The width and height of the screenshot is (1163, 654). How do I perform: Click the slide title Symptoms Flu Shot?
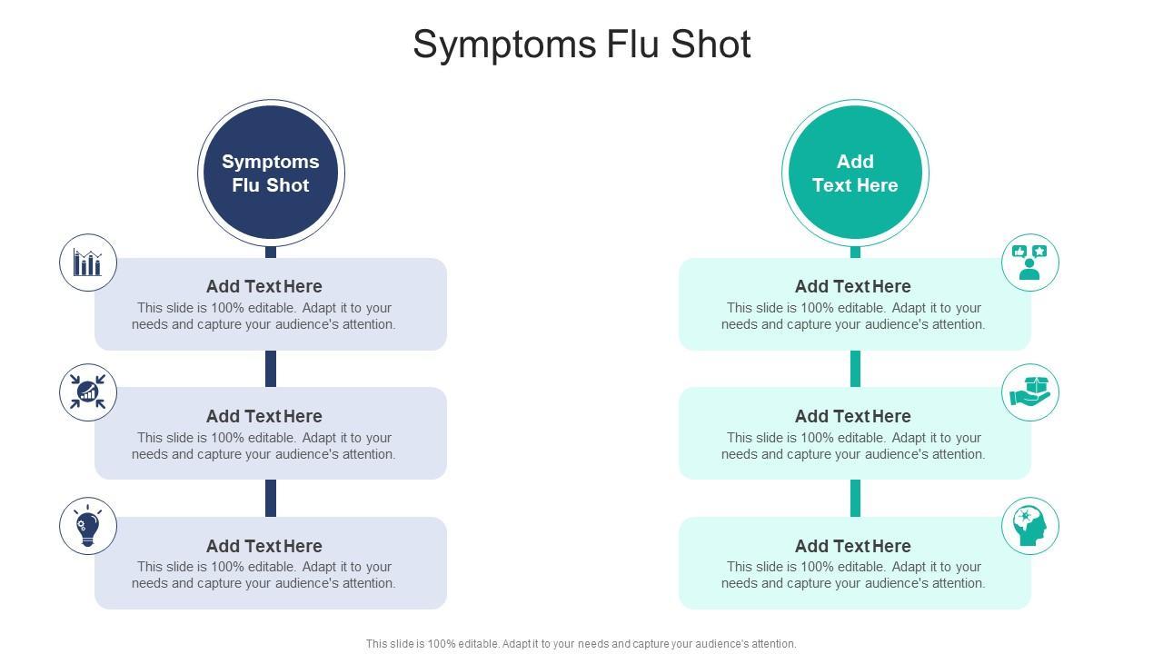click(581, 45)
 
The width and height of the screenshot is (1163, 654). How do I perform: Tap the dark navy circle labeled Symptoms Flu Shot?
click(271, 173)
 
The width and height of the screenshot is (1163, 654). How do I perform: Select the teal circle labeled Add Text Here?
click(855, 173)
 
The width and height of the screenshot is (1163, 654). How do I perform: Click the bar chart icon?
click(88, 263)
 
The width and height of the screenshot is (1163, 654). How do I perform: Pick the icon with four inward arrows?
click(88, 392)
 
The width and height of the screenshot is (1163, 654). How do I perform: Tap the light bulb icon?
click(88, 525)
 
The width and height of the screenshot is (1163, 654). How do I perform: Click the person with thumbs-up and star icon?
click(1030, 263)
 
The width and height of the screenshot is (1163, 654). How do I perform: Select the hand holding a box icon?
click(1030, 392)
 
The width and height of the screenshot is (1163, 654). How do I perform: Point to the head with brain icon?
click(1030, 525)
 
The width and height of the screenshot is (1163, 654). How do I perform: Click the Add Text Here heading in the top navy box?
click(263, 286)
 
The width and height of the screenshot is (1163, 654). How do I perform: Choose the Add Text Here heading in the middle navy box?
click(263, 416)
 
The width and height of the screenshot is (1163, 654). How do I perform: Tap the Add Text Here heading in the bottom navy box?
click(263, 546)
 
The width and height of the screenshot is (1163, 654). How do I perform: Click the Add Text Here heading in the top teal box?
click(852, 286)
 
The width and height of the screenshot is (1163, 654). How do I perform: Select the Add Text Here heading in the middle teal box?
click(852, 416)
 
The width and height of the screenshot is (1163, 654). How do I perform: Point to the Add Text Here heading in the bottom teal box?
click(852, 546)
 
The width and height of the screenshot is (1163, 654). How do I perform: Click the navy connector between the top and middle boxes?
click(271, 369)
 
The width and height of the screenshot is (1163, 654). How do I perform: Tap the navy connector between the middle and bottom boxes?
click(271, 498)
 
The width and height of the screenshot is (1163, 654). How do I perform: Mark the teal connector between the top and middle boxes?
click(855, 369)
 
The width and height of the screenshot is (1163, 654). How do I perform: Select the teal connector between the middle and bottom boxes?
click(855, 498)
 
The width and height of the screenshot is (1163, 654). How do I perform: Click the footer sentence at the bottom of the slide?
click(581, 644)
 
